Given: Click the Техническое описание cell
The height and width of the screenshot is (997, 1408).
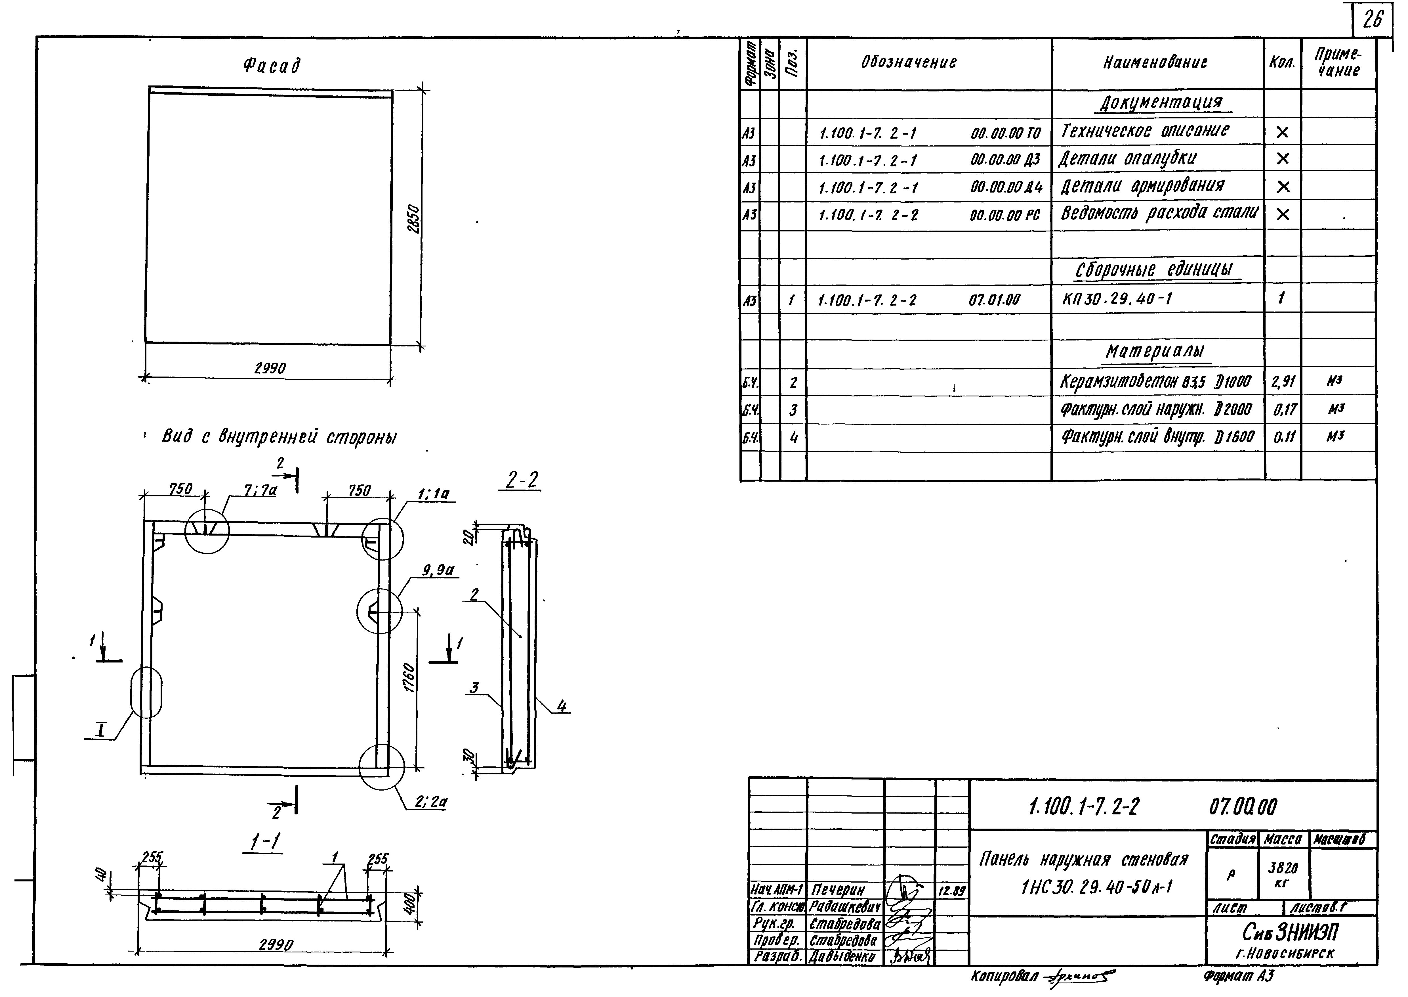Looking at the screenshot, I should coord(1145,131).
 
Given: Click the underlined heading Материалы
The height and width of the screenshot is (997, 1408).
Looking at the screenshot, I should coord(1155,352).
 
